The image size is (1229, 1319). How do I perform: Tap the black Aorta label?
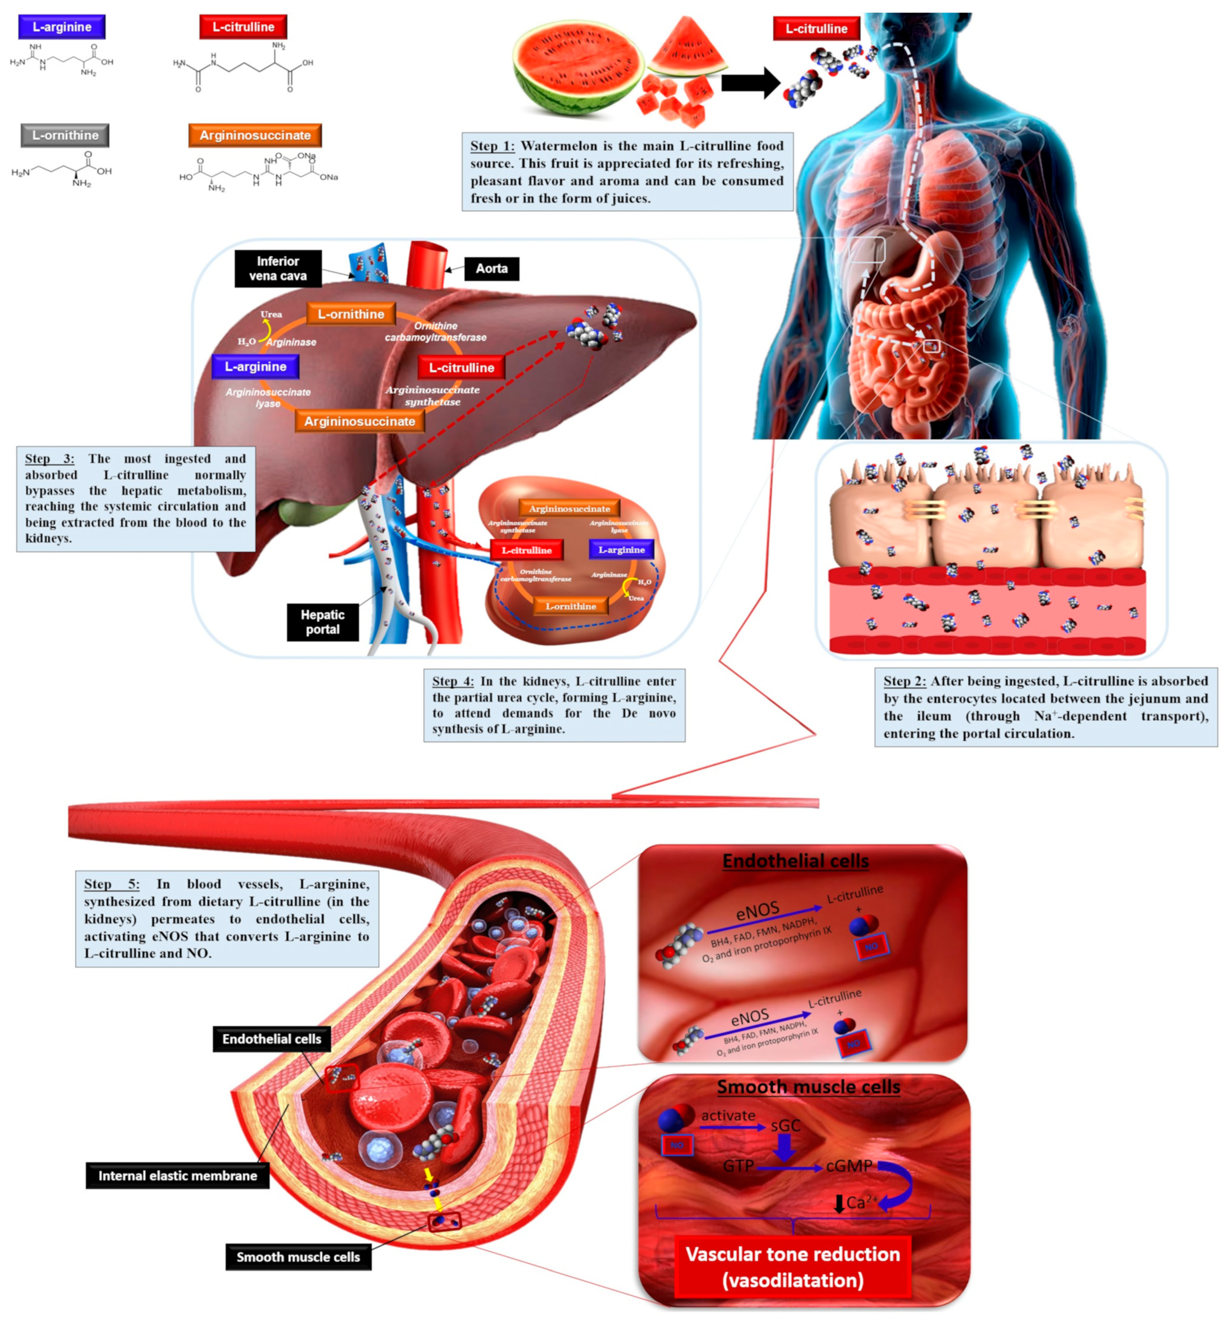tap(491, 268)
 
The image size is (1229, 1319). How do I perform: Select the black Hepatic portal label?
tap(322, 622)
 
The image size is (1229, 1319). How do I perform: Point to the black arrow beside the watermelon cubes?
tap(750, 83)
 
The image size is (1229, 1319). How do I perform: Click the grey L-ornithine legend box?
tap(65, 135)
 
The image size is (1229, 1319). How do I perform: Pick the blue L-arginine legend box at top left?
tap(62, 27)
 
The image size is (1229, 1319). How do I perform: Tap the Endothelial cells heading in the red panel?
tap(795, 861)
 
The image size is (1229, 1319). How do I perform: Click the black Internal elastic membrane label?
tap(177, 1176)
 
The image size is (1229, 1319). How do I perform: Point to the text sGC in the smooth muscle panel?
tap(785, 1126)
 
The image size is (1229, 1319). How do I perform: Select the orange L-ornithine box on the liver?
tap(351, 314)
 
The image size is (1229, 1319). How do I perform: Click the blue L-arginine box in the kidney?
tap(621, 549)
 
